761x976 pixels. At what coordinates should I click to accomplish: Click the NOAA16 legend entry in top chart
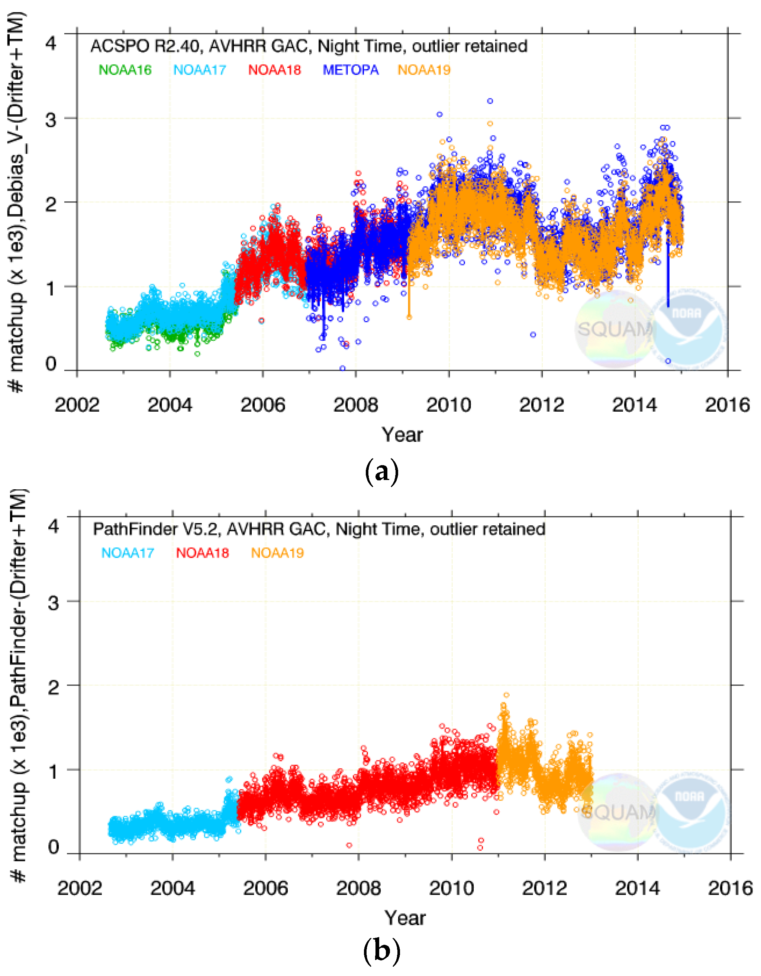click(x=125, y=70)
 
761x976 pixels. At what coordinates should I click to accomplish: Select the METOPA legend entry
click(x=350, y=70)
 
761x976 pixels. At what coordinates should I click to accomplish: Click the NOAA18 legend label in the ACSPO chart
click(x=274, y=70)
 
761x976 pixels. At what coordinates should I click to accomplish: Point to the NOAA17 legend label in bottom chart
click(x=128, y=553)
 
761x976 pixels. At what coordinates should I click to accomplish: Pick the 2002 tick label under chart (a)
click(x=77, y=405)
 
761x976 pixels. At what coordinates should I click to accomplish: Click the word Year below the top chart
click(x=402, y=434)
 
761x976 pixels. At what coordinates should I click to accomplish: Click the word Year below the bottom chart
click(x=405, y=918)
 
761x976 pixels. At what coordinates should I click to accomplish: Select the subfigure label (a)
click(x=381, y=472)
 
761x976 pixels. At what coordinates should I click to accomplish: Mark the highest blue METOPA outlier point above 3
click(x=490, y=101)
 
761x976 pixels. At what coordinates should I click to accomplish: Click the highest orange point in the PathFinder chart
click(x=506, y=695)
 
